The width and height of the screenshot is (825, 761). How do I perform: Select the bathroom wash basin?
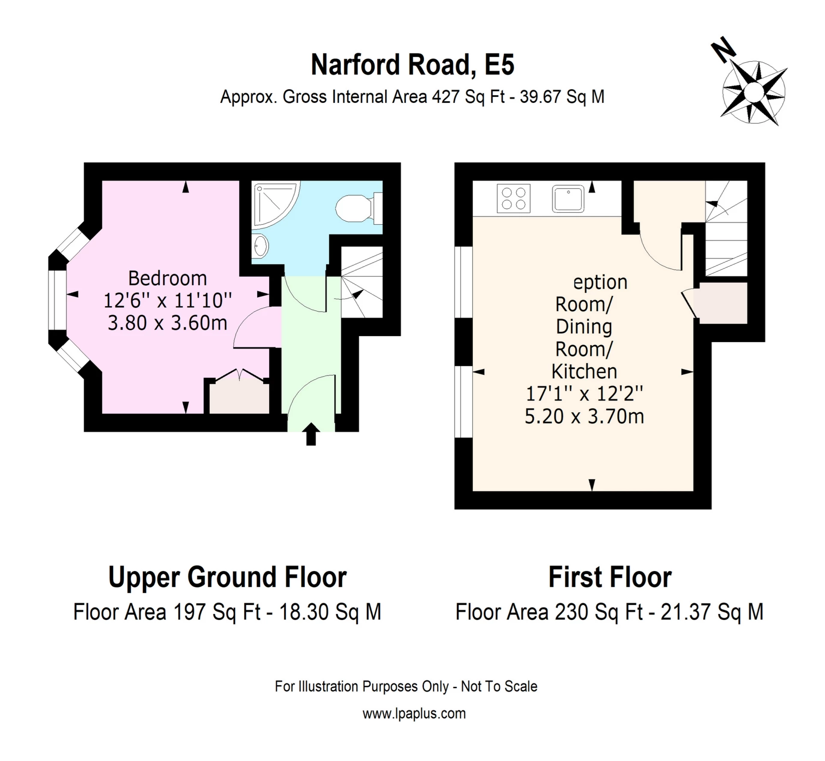click(261, 246)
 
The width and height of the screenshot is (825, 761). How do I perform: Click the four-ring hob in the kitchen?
click(513, 199)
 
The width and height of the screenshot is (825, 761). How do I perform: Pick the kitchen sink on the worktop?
click(568, 199)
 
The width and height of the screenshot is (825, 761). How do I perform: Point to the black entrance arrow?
click(311, 434)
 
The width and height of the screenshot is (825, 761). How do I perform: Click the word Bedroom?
click(168, 279)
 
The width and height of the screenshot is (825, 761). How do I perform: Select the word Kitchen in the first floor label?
click(584, 371)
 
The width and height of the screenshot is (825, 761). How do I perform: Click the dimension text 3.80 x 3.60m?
click(168, 323)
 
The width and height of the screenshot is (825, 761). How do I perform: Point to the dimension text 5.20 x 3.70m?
click(584, 416)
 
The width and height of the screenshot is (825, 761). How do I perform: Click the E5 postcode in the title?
click(499, 65)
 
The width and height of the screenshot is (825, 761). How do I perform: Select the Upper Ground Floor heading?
click(228, 577)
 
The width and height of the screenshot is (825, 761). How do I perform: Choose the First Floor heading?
click(610, 577)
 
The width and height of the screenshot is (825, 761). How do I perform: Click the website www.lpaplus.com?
click(414, 713)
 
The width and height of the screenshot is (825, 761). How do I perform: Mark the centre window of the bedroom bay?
click(57, 300)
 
